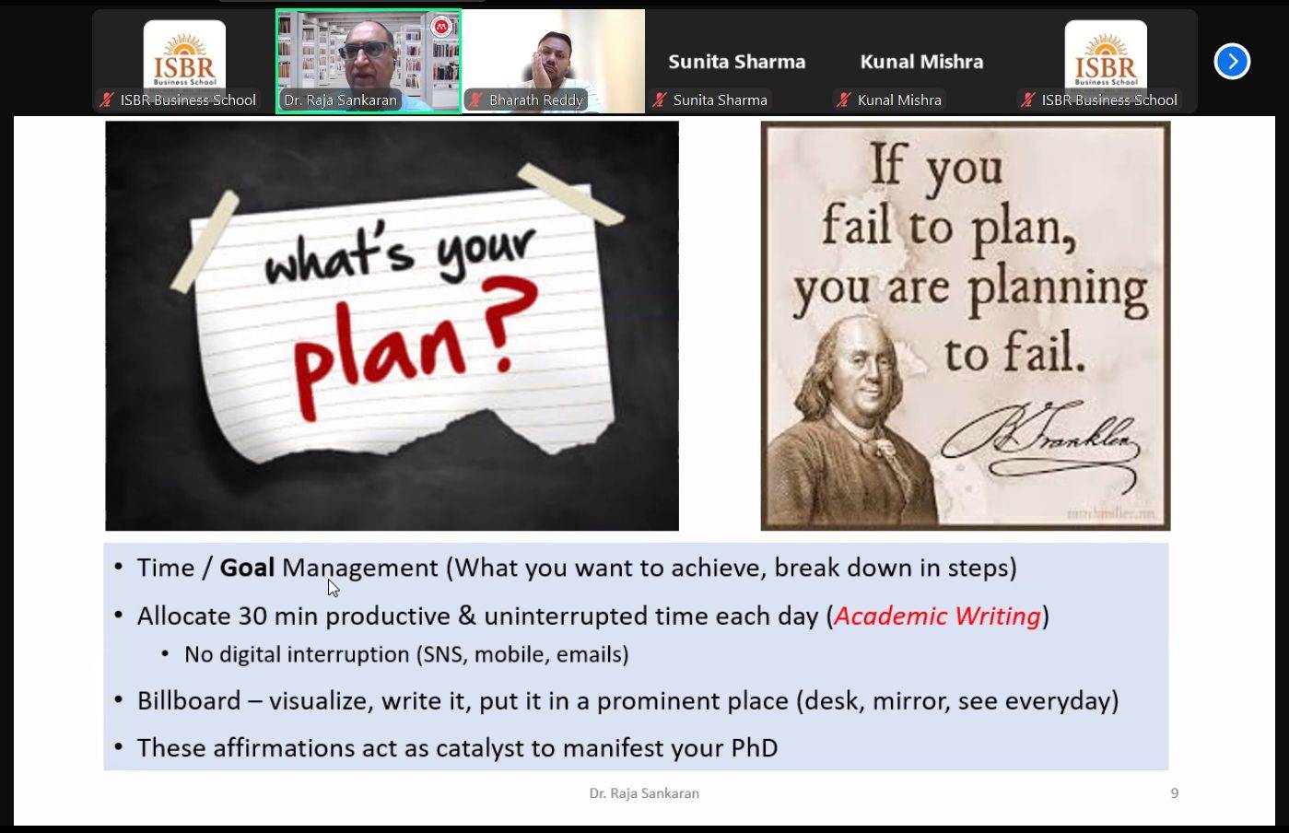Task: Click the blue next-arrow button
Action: coord(1232,62)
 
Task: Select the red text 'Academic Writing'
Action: coord(937,616)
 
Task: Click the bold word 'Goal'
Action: coord(247,568)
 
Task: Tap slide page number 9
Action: coord(1174,792)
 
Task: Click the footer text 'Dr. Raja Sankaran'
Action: coord(644,792)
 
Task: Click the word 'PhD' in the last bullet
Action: coord(754,747)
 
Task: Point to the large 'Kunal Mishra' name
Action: coord(921,62)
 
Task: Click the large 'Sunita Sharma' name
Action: coord(736,62)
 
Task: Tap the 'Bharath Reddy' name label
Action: coord(535,100)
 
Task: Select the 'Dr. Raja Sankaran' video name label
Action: coord(340,100)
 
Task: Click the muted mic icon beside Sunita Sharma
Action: coord(660,100)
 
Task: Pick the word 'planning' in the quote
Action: coord(1057,289)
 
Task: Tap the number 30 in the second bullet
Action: coord(252,616)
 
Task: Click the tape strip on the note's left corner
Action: coord(205,242)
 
